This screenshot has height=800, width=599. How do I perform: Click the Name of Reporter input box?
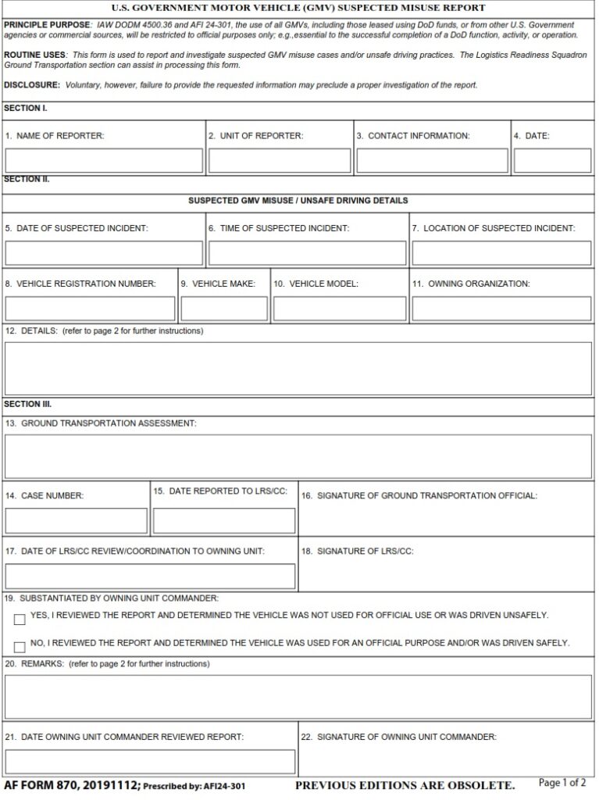click(104, 160)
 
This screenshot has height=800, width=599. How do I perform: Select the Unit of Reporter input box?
click(280, 160)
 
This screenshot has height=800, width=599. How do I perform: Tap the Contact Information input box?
click(432, 160)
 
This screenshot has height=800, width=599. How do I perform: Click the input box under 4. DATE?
click(552, 160)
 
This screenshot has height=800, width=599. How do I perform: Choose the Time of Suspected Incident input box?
click(307, 253)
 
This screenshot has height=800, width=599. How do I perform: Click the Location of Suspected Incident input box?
click(501, 253)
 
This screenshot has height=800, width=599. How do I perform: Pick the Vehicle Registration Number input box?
click(90, 309)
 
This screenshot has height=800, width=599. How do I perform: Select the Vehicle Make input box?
click(224, 309)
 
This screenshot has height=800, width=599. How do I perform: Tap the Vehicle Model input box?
click(340, 309)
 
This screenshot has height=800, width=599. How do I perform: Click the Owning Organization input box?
click(501, 309)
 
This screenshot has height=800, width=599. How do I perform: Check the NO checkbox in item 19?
click(20, 647)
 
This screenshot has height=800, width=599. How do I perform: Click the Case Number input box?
click(77, 520)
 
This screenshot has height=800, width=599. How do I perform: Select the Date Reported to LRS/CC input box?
click(224, 520)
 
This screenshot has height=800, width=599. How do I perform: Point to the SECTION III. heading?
click(27, 404)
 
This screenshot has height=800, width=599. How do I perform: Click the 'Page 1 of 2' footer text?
click(562, 783)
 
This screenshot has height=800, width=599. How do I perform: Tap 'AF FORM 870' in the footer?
click(38, 784)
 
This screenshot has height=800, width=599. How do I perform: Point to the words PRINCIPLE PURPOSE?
click(47, 25)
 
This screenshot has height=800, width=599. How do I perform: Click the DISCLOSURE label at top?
click(31, 84)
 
